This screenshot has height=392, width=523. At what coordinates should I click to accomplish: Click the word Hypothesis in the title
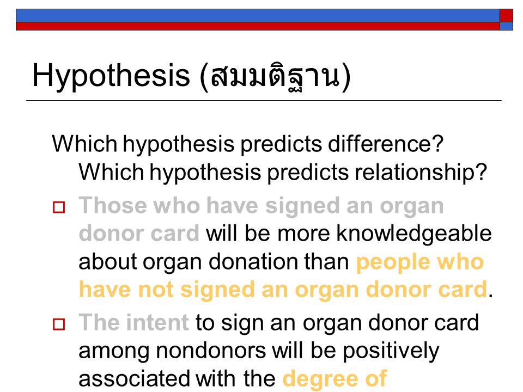[x=111, y=76]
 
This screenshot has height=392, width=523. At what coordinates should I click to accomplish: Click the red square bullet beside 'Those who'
[x=59, y=207]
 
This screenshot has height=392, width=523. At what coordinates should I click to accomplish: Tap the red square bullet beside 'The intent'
[x=59, y=324]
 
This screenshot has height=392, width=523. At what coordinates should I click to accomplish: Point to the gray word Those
[x=113, y=205]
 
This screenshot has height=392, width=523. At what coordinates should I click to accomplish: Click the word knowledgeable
[x=414, y=234]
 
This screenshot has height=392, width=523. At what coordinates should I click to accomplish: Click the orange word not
[x=156, y=289]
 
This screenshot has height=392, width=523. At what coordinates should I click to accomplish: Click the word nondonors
[x=211, y=351]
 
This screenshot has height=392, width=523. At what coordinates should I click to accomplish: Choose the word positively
[x=391, y=351]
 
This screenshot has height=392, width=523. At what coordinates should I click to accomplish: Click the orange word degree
[x=320, y=379]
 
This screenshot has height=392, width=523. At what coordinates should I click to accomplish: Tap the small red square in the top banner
[x=506, y=15]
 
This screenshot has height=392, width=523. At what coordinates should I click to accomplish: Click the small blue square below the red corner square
[x=506, y=26]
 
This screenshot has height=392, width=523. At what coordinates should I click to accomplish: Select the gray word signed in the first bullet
[x=302, y=206]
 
